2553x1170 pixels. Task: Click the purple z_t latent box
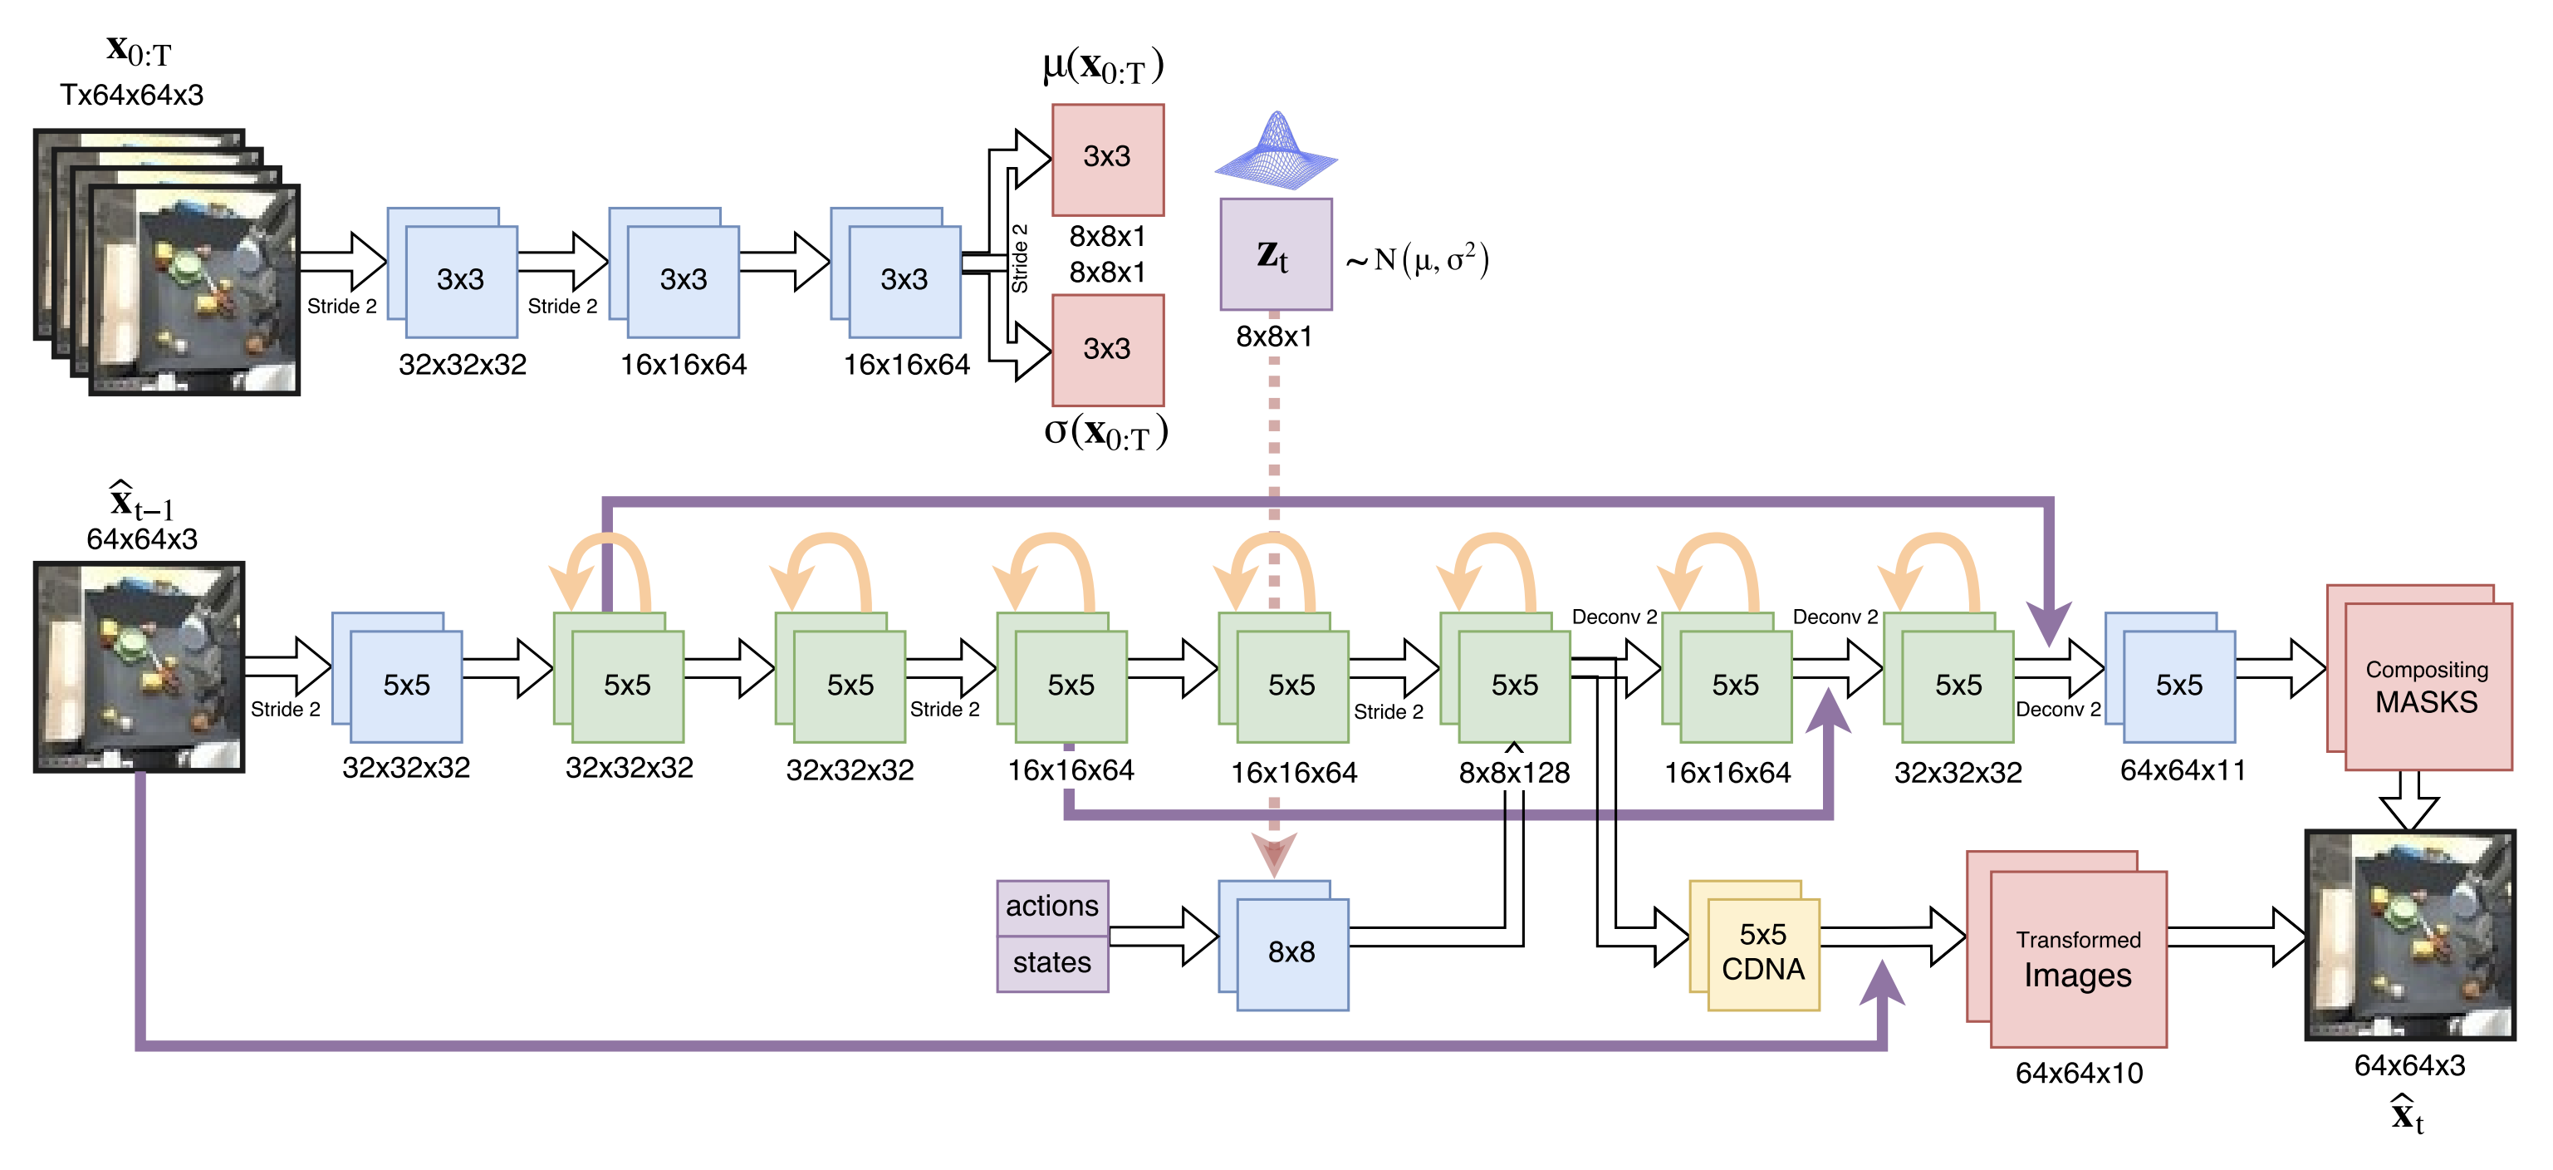pyautogui.click(x=1276, y=255)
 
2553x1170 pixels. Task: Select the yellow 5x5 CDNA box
pyautogui.click(x=1762, y=951)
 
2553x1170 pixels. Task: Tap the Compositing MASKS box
pyautogui.click(x=2426, y=686)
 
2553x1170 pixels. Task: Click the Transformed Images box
pyautogui.click(x=2077, y=958)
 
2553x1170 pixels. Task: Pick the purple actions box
pyautogui.click(x=1051, y=907)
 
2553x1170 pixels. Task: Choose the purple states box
pyautogui.click(x=1051, y=963)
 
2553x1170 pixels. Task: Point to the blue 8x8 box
pyautogui.click(x=1291, y=951)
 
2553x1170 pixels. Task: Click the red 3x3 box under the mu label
pyautogui.click(x=1107, y=159)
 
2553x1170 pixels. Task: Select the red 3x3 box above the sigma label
pyautogui.click(x=1107, y=349)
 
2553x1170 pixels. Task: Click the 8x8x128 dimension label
pyautogui.click(x=1513, y=774)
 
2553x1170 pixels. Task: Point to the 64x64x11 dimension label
pyautogui.click(x=2183, y=770)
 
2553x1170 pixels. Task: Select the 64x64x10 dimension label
pyautogui.click(x=2078, y=1073)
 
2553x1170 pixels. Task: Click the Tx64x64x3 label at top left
pyautogui.click(x=132, y=96)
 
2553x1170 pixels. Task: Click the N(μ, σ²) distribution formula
pyautogui.click(x=1417, y=261)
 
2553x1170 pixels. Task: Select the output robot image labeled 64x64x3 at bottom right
pyautogui.click(x=2409, y=935)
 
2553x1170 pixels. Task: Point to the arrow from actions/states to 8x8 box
pyautogui.click(x=1164, y=935)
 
